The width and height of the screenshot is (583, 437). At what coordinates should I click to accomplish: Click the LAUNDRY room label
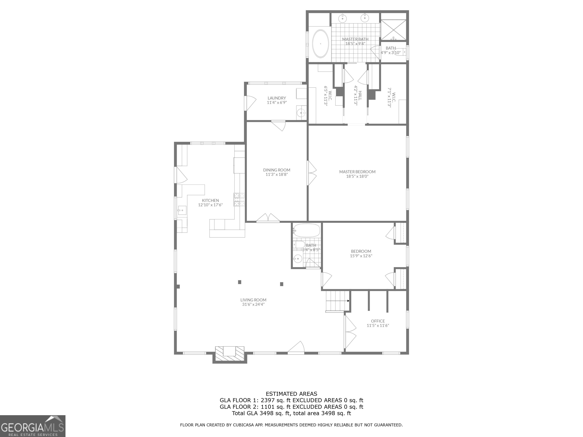pos(277,98)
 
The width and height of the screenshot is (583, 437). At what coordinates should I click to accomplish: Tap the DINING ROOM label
pos(277,170)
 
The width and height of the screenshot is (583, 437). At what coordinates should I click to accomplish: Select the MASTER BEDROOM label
pos(357,172)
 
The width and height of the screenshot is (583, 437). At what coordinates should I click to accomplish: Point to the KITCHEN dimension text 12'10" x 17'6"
pos(210,205)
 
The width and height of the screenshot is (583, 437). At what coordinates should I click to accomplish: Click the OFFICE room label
pos(378,321)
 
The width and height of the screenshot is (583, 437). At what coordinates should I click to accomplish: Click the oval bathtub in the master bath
pos(321,44)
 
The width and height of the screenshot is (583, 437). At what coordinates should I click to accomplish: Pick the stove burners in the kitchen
pos(239,200)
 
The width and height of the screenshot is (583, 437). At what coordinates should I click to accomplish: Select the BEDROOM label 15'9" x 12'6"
pos(361,253)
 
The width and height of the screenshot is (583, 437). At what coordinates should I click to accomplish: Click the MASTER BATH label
pos(355,39)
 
